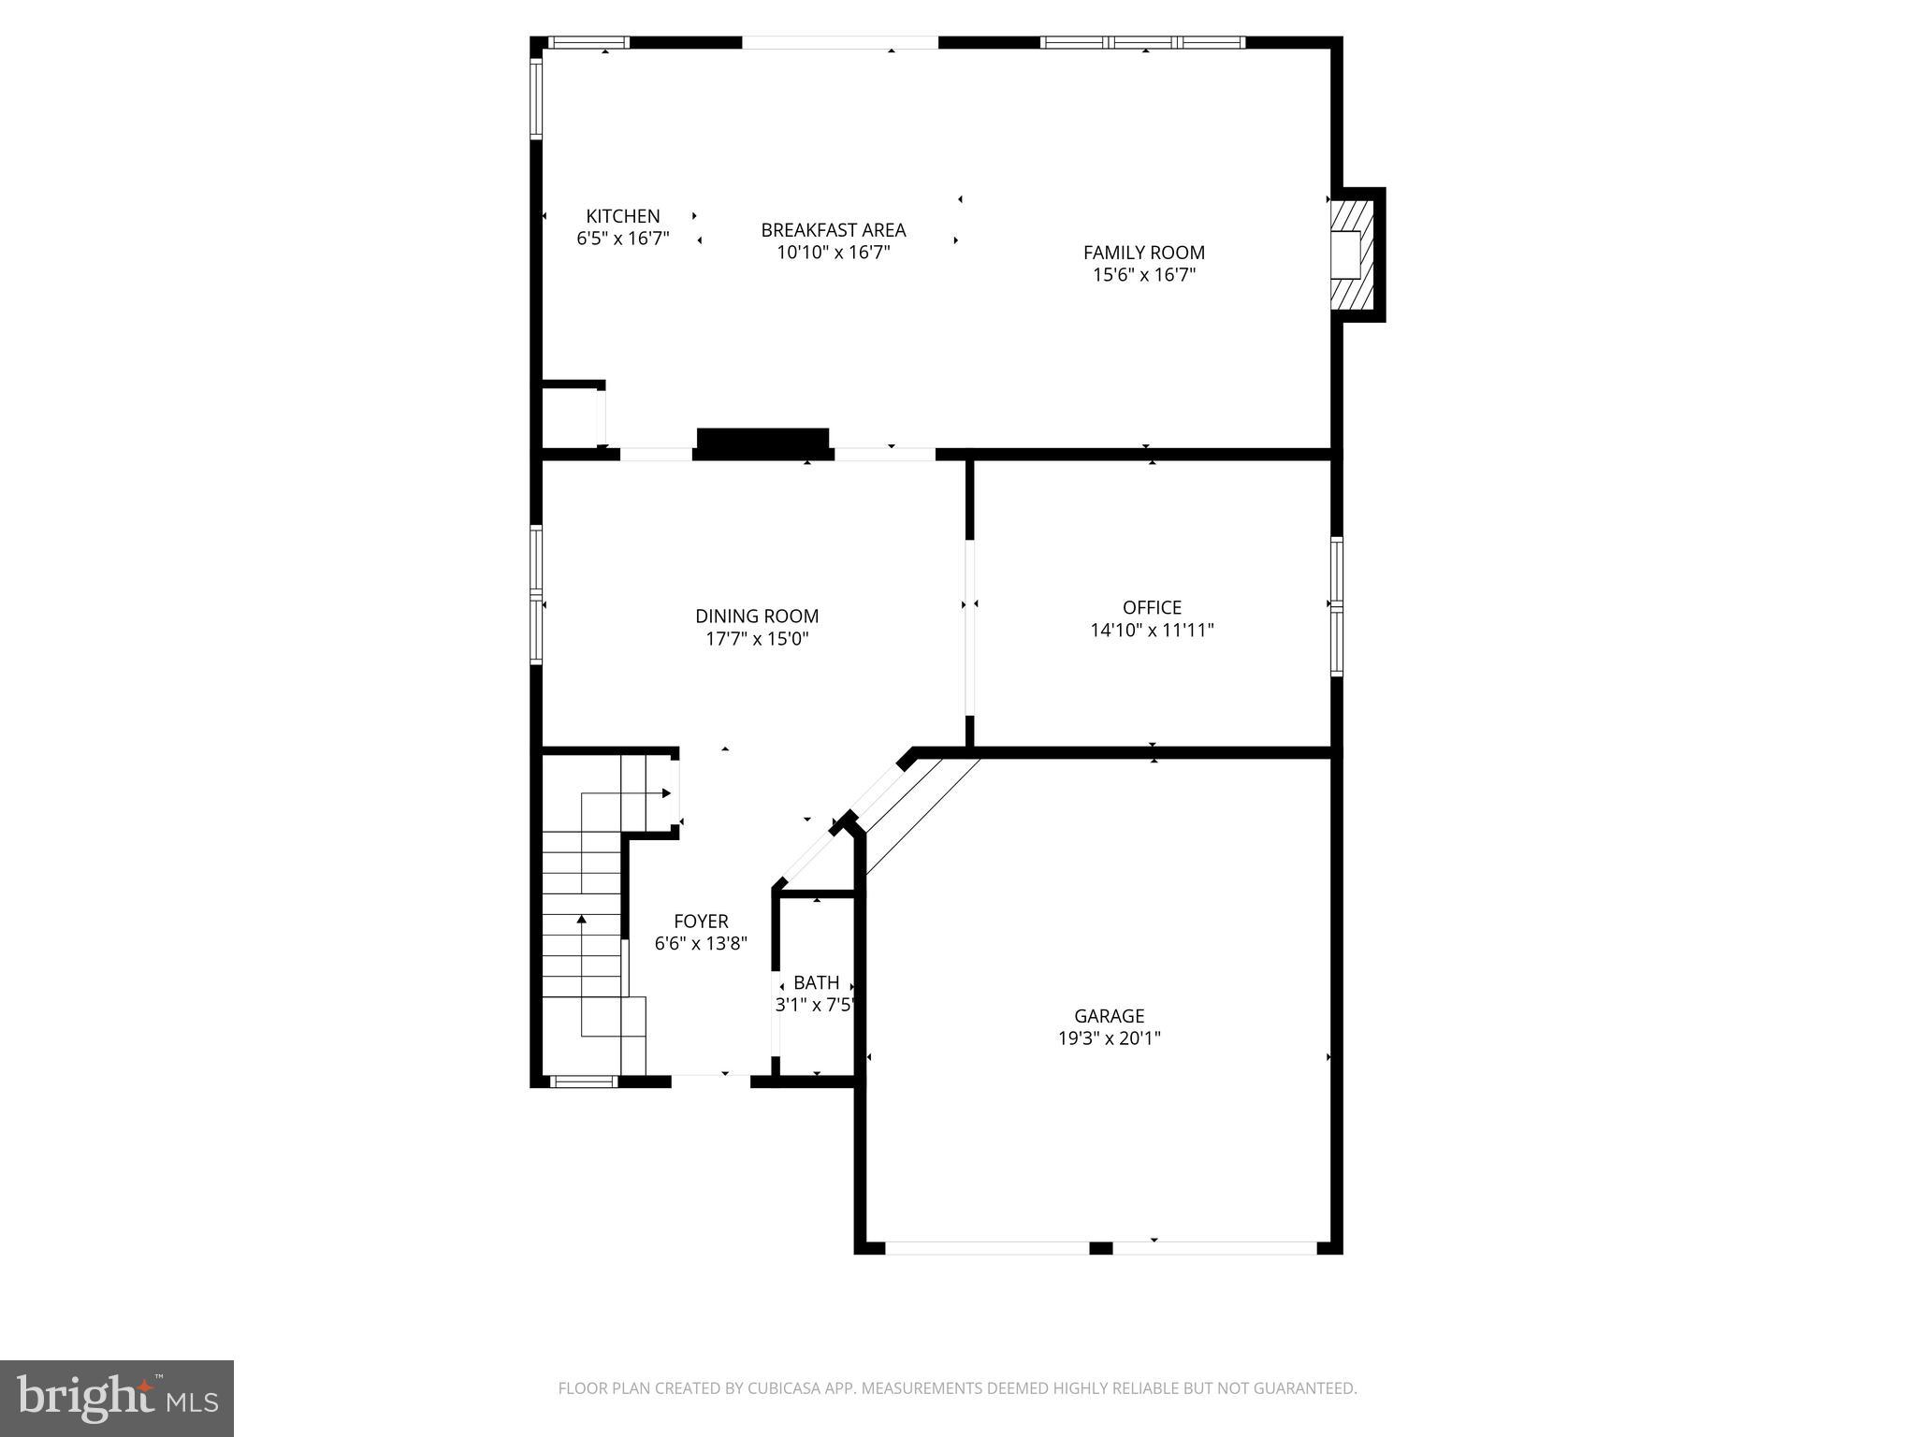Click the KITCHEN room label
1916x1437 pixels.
[623, 216]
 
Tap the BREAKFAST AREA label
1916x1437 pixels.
[833, 230]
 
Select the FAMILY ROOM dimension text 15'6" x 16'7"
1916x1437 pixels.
[1143, 275]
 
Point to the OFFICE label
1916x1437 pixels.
[1152, 607]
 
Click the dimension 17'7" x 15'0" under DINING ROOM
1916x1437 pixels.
[757, 639]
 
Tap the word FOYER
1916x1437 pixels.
[701, 922]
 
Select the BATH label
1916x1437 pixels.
[816, 983]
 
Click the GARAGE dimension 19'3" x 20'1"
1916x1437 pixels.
[1109, 1038]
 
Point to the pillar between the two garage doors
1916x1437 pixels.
[1101, 1248]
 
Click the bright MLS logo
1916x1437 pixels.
[117, 1398]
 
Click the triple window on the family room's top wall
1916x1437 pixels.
[1142, 42]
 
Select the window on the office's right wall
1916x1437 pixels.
[1337, 606]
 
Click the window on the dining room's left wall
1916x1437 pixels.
[536, 595]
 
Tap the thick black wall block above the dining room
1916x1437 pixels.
[763, 443]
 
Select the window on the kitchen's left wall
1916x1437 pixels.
[536, 98]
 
